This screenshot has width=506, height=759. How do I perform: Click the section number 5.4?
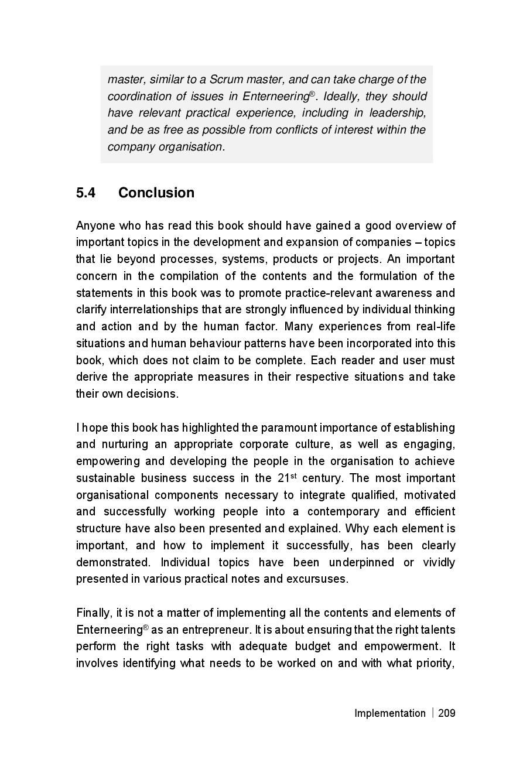point(86,193)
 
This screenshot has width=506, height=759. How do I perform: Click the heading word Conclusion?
point(156,193)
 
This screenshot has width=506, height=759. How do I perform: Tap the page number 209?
point(446,713)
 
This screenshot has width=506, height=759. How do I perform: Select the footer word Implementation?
point(389,713)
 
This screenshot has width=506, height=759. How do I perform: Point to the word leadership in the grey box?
point(398,112)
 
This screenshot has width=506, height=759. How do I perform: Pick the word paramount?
point(293,428)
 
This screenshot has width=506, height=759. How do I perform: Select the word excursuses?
point(322,579)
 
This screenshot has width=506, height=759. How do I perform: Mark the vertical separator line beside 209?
point(433,713)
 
